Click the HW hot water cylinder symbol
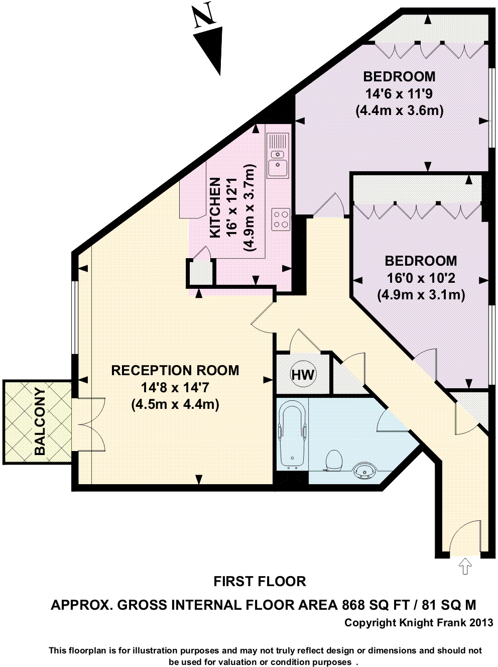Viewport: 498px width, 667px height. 303,375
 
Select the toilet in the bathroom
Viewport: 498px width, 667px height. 334,460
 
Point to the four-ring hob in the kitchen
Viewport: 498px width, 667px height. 281,219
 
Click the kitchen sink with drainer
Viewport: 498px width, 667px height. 278,155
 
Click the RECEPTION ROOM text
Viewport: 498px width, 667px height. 175,371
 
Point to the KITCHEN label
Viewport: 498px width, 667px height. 215,207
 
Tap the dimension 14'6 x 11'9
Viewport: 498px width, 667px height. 399,94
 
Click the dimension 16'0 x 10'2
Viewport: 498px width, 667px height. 421,278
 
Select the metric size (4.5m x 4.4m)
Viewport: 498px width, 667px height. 175,405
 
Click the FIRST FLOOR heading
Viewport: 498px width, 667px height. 260,582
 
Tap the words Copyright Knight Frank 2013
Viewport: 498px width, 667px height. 418,623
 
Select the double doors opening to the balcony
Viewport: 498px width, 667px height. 89,424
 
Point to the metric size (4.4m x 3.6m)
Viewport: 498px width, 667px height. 399,111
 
